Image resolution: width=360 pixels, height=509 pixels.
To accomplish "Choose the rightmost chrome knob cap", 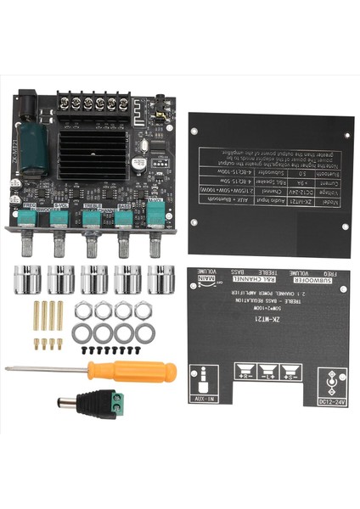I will (159, 279).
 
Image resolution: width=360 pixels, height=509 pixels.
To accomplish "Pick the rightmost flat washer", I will (145, 329).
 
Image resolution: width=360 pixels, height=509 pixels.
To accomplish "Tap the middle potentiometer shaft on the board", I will (89, 245).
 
